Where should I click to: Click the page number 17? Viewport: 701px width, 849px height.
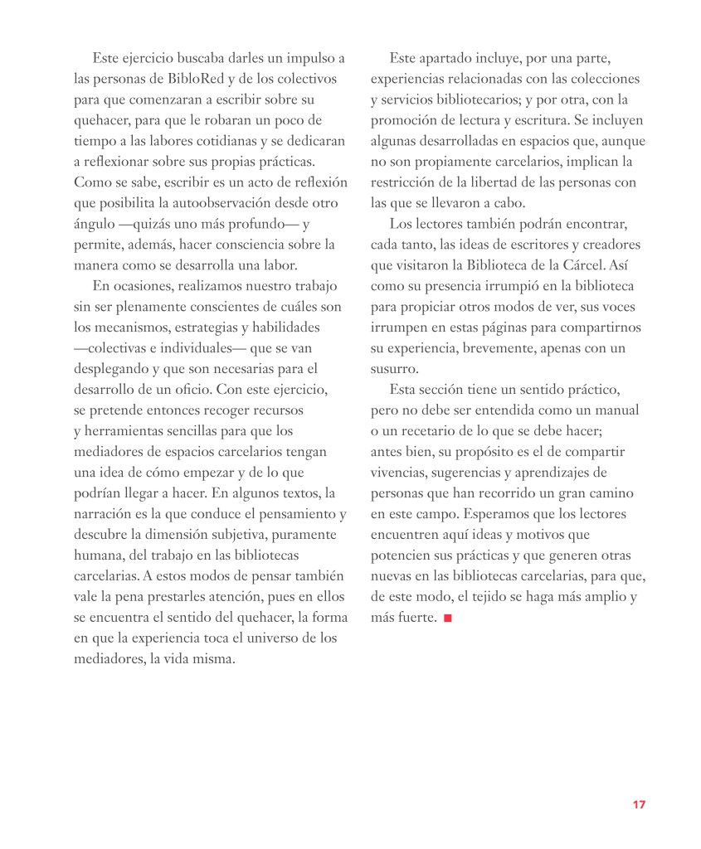pos(639,804)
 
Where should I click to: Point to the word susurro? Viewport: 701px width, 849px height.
pos(394,369)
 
